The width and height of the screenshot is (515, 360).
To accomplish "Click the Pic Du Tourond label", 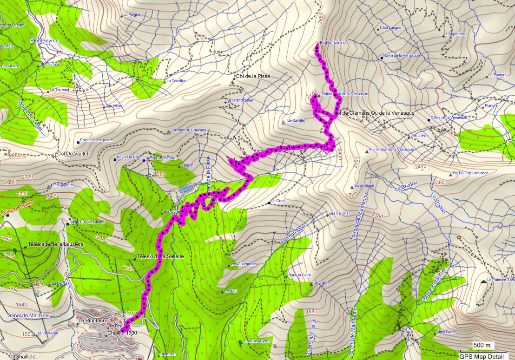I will click(333, 42).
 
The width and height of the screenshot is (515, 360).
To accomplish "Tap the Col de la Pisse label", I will click(253, 76).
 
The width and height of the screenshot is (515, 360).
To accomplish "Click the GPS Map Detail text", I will click(482, 356).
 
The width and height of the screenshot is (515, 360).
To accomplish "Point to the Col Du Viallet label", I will click(72, 153).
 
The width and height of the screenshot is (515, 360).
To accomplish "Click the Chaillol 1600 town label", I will click(122, 333).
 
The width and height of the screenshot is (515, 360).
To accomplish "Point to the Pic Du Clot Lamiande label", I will click(471, 173).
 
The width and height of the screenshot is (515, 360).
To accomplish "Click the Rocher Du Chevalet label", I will click(189, 131).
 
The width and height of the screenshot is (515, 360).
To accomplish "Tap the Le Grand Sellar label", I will click(240, 100).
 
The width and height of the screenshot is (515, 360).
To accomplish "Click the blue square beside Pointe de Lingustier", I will click(78, 143).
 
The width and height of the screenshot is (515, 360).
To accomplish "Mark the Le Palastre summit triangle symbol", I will click(483, 281).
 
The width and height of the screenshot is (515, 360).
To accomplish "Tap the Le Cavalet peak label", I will click(296, 120).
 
